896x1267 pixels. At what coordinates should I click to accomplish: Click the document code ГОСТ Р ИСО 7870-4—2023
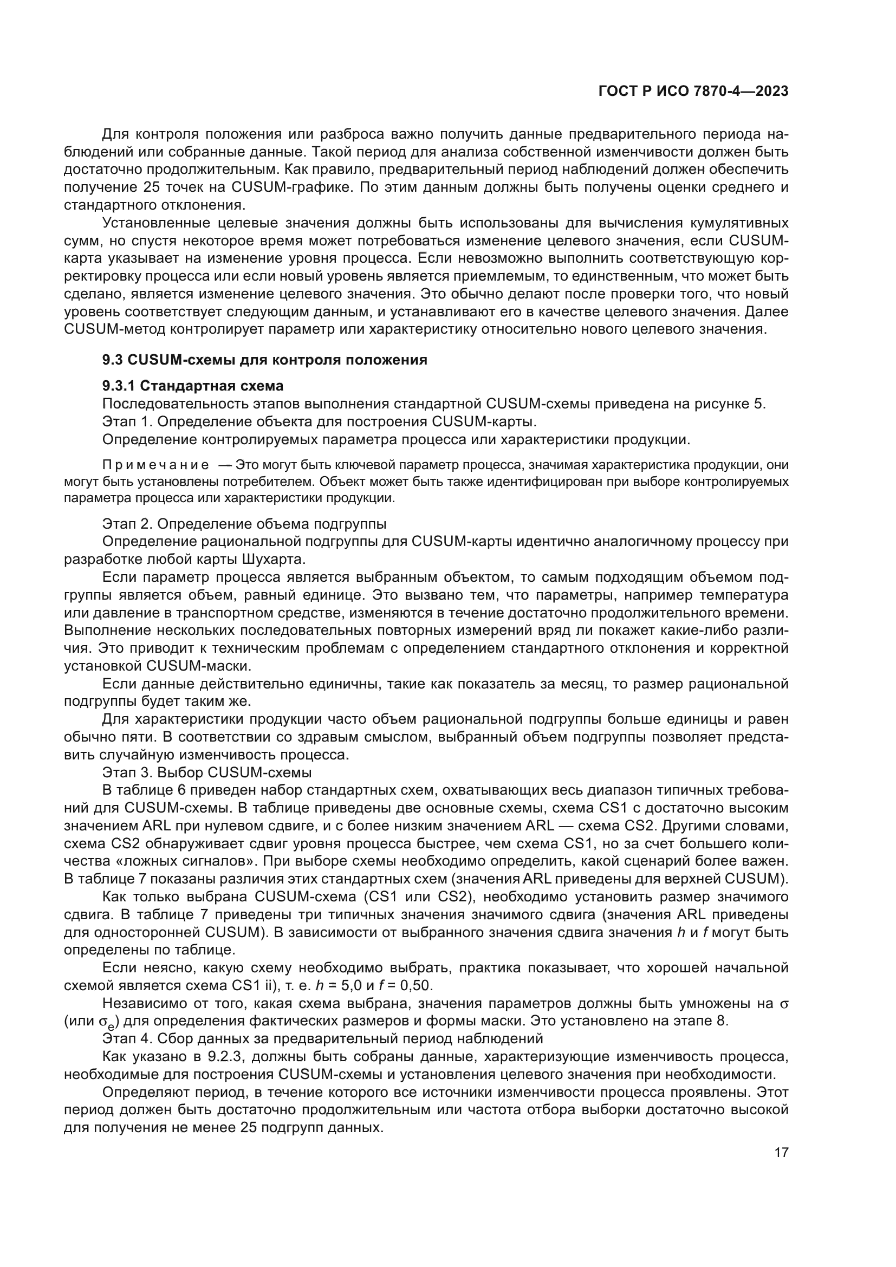693,92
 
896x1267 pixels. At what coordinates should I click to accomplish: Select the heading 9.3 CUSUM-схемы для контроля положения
265,360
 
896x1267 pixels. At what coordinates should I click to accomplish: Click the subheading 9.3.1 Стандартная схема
193,385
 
